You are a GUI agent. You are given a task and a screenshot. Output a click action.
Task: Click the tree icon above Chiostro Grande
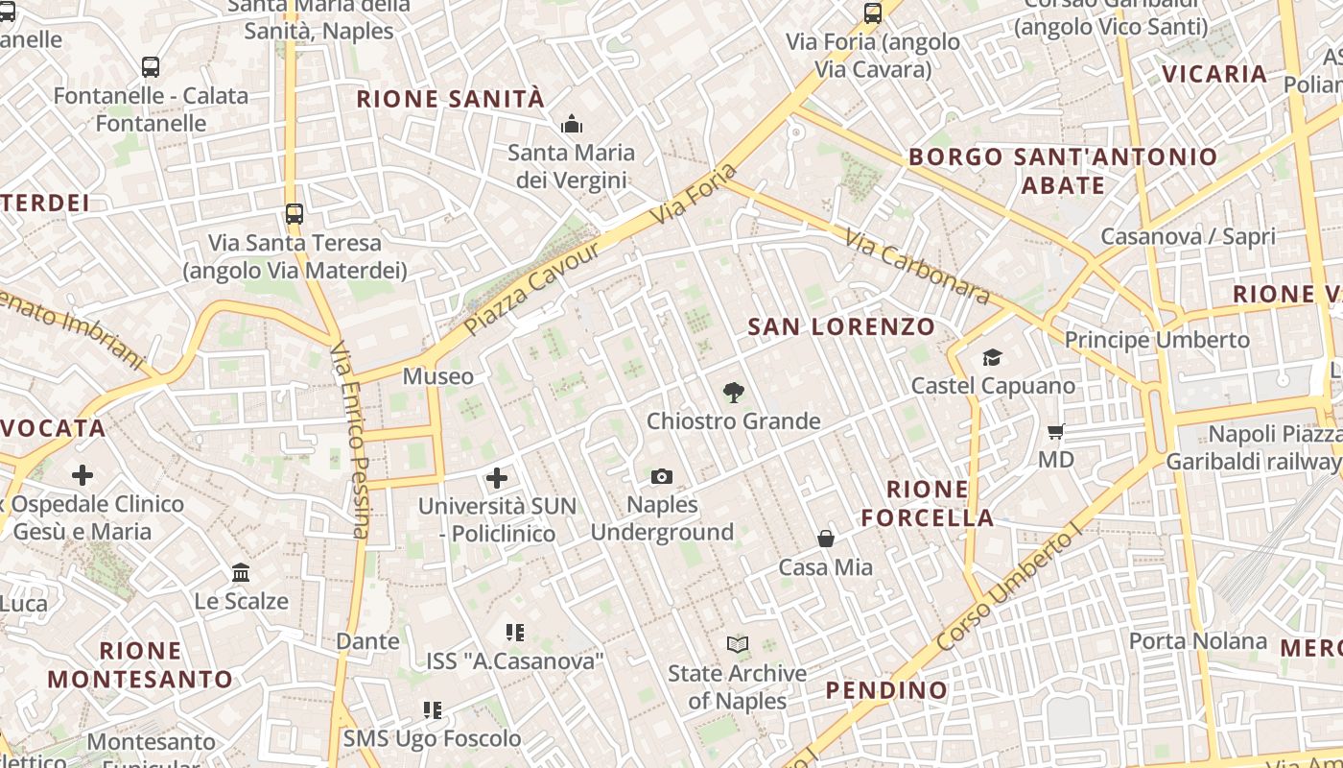coord(734,392)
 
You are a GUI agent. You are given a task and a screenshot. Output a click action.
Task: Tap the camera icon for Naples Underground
coord(661,476)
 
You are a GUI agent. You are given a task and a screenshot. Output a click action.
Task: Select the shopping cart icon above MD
coord(1056,431)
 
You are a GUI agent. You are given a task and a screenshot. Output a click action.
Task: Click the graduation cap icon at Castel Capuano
coord(992,357)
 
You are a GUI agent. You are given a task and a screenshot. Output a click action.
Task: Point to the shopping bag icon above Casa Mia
coord(825,539)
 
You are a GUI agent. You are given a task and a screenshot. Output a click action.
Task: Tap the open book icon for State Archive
coord(737,644)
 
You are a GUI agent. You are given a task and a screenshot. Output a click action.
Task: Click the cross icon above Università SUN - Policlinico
coord(497,477)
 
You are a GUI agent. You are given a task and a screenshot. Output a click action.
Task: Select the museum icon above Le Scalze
coord(241,573)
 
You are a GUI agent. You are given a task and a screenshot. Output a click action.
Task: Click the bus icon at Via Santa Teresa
coord(295,213)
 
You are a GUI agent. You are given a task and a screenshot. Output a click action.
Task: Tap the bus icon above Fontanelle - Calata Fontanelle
coord(151,66)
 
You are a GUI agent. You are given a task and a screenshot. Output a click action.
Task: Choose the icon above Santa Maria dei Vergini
coord(572,124)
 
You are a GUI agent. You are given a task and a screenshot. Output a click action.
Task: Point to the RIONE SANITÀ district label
coord(450,99)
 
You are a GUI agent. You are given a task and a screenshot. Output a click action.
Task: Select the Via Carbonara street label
coord(918,265)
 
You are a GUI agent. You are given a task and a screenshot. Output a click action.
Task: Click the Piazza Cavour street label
coord(532,289)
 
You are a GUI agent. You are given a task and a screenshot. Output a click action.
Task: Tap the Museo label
coord(437,376)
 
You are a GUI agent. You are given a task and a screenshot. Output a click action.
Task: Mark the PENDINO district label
coord(886,689)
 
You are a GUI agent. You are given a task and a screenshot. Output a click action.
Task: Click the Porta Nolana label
coord(1197,640)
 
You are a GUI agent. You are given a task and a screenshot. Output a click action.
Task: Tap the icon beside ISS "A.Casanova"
coord(515,632)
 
